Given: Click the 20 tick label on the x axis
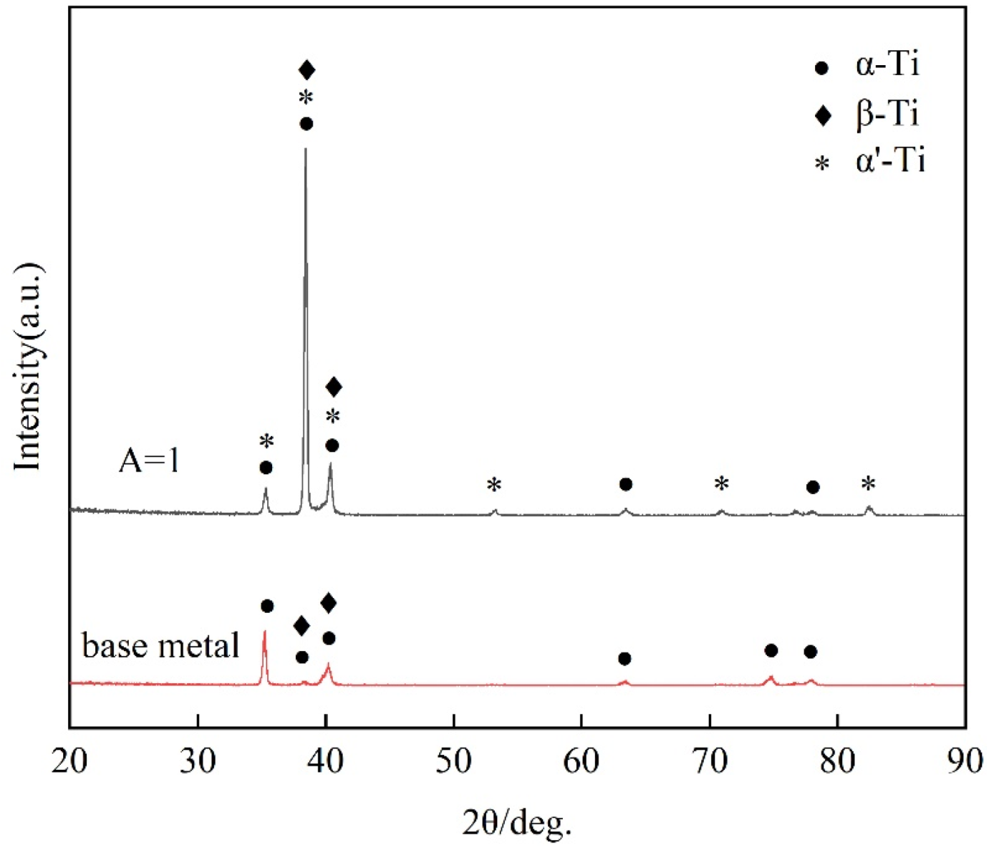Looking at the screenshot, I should [x=69, y=760].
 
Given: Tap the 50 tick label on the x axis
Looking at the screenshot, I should [x=453, y=760].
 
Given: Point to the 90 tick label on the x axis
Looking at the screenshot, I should [x=965, y=760].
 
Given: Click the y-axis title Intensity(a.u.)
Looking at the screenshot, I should [x=29, y=367].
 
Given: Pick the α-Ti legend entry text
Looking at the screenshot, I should [x=887, y=65].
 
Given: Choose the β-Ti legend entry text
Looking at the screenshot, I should [x=887, y=113].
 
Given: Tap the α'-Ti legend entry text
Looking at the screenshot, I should [x=890, y=160].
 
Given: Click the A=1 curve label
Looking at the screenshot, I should [x=149, y=460].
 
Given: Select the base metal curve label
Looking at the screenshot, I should [x=160, y=646].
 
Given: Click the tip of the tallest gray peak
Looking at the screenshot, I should [x=306, y=149].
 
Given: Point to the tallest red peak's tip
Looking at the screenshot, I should [x=265, y=631].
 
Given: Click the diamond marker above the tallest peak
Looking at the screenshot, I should [x=307, y=70].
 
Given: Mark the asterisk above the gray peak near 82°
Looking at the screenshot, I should [x=868, y=485].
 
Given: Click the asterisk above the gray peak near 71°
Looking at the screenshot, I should [x=721, y=485].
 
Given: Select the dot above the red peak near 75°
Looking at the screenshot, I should [x=771, y=650].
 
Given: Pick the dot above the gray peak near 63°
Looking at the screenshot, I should [x=625, y=485].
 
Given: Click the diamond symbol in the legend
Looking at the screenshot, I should [x=823, y=115].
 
